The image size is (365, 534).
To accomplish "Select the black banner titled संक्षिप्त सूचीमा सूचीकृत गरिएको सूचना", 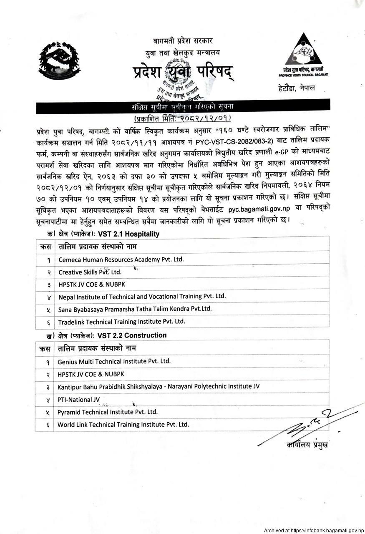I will coord(183,107).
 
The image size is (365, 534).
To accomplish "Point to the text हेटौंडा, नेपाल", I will coord(297,88).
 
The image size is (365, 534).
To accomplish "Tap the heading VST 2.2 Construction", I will coord(132,335).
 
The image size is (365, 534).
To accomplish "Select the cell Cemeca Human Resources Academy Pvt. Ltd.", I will coord(121,259).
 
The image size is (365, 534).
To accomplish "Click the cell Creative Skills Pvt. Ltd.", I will coord(90,272).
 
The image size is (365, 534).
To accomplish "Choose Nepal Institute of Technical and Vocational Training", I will coord(142,297).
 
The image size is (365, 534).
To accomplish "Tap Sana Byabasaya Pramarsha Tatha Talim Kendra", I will coord(135,309).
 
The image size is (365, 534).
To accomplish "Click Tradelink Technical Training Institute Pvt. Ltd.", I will coord(121,322).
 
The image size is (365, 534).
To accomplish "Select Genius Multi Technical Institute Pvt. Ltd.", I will coord(114,361).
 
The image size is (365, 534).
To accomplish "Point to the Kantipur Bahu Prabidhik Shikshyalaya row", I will coord(159,387).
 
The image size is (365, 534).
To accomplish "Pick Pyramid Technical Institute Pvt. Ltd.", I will coord(108,412).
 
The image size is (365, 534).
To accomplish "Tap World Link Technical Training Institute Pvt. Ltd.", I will coord(123,425).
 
